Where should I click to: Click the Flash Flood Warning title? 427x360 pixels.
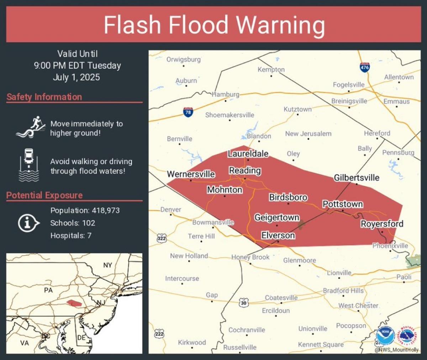click(x=214, y=25)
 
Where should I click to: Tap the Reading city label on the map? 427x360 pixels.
click(x=245, y=171)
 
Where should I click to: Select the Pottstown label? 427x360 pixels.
click(x=343, y=204)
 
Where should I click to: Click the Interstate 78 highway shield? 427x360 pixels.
click(x=188, y=112)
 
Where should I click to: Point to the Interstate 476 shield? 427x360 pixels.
click(x=365, y=67)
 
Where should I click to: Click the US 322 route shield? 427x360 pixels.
click(x=162, y=238)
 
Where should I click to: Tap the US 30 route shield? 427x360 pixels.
click(x=243, y=303)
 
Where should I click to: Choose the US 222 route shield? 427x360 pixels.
click(x=159, y=334)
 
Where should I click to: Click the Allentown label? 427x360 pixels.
click(x=399, y=77)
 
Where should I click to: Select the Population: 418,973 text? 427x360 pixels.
click(x=85, y=210)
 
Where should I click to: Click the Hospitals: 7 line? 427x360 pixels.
click(x=71, y=235)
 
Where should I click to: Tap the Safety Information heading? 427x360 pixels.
click(x=44, y=97)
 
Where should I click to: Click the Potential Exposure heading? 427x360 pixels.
click(x=44, y=195)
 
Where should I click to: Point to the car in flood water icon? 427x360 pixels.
click(x=29, y=165)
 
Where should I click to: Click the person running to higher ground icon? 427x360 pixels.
click(x=31, y=127)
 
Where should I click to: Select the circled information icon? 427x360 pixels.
click(x=28, y=223)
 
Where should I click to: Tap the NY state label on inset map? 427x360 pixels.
click(x=107, y=265)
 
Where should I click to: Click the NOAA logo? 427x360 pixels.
click(x=385, y=335)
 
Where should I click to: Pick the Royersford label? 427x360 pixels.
click(x=382, y=224)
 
